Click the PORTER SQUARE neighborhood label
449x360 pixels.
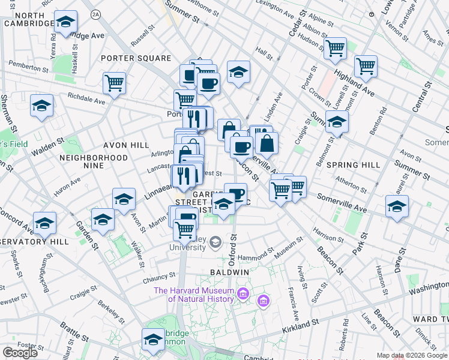136,58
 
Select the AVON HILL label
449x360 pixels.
127,145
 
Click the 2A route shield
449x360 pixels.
95,13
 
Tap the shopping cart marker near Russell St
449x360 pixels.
114,83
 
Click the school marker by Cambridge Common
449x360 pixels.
153,340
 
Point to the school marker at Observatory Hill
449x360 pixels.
45,224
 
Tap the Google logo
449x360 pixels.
20,352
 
